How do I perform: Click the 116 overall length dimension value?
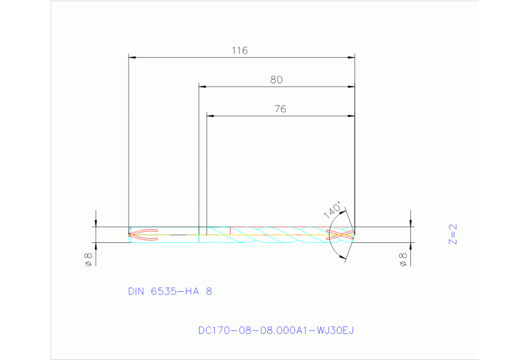(x=240, y=50)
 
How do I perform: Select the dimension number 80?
(x=276, y=80)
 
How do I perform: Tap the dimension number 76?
(x=279, y=109)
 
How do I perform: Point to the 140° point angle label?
(x=332, y=210)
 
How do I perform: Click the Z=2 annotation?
(x=452, y=234)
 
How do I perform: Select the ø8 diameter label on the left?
(x=88, y=259)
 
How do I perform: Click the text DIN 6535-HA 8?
(x=170, y=291)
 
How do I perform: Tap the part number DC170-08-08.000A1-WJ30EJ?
(x=275, y=330)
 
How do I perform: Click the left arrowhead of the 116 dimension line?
(x=133, y=57)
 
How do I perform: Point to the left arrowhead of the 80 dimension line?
(x=203, y=87)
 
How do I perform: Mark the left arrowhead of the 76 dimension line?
(x=211, y=116)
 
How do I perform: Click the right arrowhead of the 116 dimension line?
(x=350, y=57)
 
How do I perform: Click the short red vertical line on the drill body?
(x=230, y=231)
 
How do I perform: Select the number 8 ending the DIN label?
(x=209, y=291)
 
